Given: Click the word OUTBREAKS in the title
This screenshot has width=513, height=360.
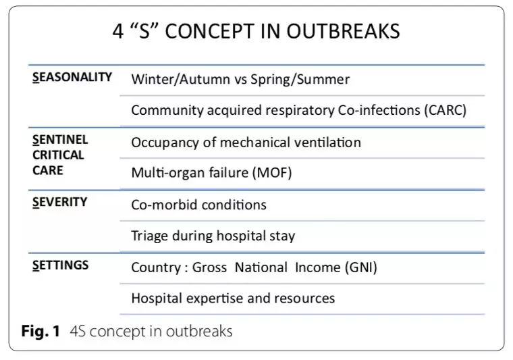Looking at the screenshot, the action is click(343, 32).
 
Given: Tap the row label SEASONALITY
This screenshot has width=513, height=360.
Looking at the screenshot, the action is click(72, 77).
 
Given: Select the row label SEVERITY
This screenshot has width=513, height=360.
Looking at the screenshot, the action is click(60, 202).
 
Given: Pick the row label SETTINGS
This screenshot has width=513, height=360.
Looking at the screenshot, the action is click(60, 265).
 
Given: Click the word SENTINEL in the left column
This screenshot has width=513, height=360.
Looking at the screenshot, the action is click(60, 140).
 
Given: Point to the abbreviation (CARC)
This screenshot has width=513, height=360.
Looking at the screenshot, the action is click(446, 110).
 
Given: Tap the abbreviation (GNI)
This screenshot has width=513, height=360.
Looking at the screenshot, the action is click(361, 267).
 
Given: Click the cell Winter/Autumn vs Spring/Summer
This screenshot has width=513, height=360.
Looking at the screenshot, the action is click(240, 80).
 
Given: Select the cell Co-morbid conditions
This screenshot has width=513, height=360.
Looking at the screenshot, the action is click(199, 205).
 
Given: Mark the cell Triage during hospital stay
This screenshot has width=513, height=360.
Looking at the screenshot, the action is click(213, 236).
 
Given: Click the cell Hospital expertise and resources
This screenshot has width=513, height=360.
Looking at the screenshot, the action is click(233, 299).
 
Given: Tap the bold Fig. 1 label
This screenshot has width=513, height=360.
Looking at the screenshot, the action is click(40, 331).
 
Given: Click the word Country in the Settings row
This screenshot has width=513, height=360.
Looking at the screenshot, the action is click(156, 268).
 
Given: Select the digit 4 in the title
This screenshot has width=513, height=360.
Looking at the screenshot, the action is click(118, 32).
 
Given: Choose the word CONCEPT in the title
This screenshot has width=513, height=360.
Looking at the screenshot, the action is click(210, 32).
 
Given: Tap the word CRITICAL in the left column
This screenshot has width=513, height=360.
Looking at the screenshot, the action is click(58, 155).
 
